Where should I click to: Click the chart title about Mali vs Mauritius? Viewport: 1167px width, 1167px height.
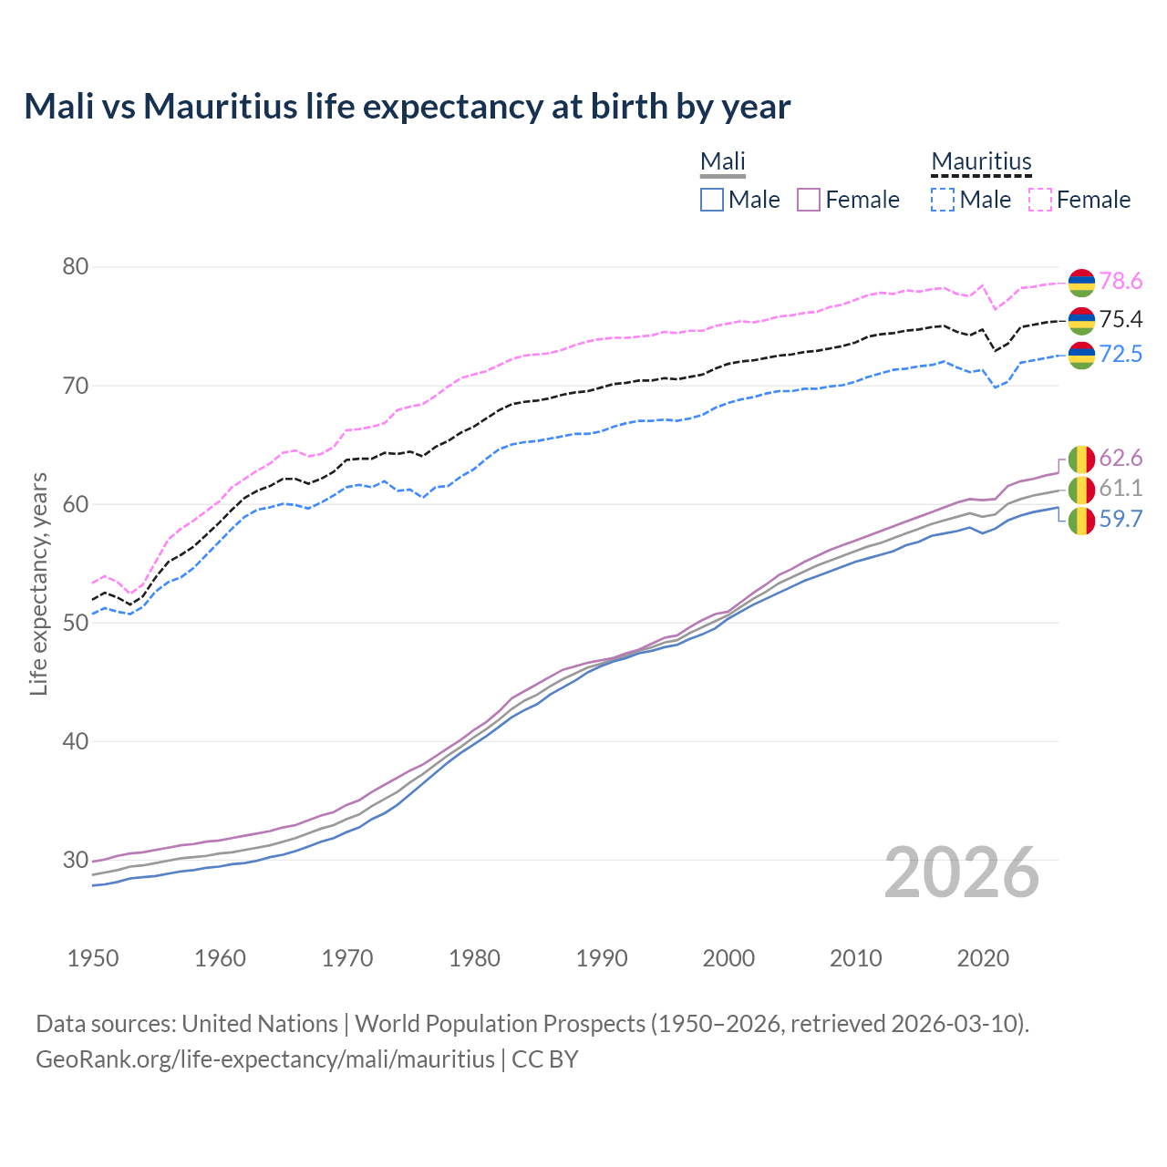(407, 107)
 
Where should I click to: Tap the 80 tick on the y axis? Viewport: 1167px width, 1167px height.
(75, 267)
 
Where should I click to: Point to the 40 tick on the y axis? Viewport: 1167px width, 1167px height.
(75, 741)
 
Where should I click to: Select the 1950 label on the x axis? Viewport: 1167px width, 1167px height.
(93, 958)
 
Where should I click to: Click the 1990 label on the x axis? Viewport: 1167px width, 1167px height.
(602, 958)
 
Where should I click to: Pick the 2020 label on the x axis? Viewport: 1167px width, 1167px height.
(983, 958)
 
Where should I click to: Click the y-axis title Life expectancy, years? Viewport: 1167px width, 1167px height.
(38, 583)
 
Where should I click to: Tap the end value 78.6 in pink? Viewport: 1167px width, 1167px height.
(1121, 282)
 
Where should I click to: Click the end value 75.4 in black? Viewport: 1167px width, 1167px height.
(1121, 319)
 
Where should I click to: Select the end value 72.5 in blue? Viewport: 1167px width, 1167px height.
(1121, 355)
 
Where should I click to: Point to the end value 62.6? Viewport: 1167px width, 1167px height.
(1121, 458)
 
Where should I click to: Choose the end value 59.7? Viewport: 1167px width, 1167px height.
(1121, 520)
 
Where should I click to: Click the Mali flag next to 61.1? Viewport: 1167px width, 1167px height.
(1081, 490)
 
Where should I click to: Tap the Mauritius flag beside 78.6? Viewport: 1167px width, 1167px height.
(1081, 283)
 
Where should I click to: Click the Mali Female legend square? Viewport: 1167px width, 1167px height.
(809, 200)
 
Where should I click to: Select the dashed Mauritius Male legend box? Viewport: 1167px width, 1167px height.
(943, 200)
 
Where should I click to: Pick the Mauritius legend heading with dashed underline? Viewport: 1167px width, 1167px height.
(981, 162)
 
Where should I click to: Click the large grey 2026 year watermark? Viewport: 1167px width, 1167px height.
(961, 873)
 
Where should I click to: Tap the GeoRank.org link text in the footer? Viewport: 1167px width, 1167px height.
(264, 1059)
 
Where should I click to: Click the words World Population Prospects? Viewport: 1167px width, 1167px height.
(500, 1024)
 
